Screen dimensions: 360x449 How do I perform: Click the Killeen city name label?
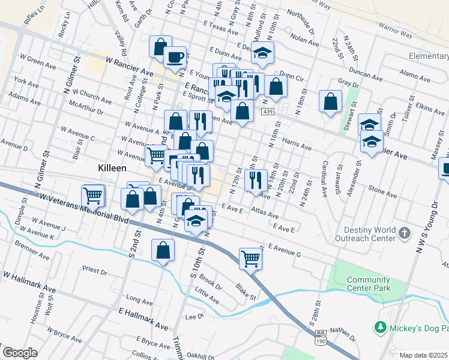pyautogui.click(x=112, y=169)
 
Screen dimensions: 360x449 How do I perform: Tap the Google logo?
pyautogui.click(x=20, y=353)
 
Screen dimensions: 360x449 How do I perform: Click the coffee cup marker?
pyautogui.click(x=175, y=57)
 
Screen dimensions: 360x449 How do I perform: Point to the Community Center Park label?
pyautogui.click(x=369, y=284)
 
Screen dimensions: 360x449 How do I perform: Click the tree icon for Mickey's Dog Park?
pyautogui.click(x=379, y=327)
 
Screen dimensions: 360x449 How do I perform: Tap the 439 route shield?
pyautogui.click(x=268, y=112)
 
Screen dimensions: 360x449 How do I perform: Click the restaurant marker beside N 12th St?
pyautogui.click(x=256, y=180)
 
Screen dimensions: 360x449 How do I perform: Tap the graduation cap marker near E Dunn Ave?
pyautogui.click(x=262, y=53)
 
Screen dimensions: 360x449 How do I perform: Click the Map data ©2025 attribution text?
pyautogui.click(x=424, y=355)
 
